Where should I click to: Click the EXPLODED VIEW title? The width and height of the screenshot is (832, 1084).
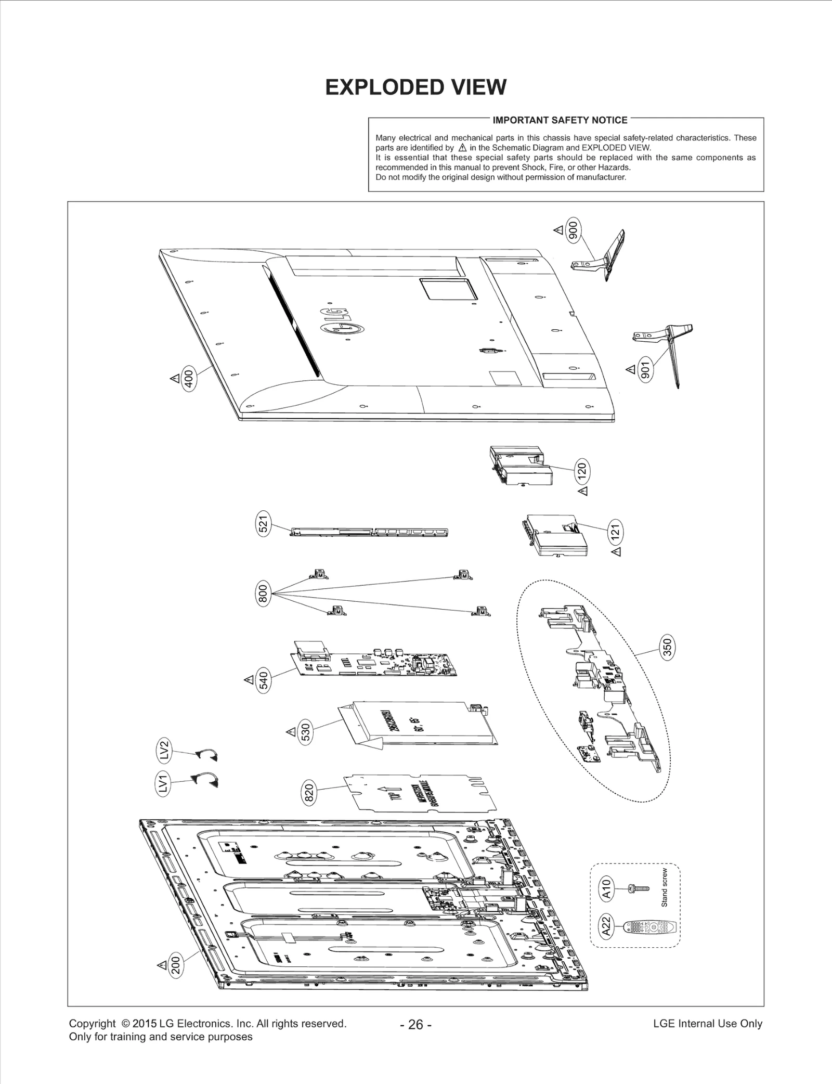tap(415, 87)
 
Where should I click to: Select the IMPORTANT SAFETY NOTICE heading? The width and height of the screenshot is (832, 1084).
tap(560, 120)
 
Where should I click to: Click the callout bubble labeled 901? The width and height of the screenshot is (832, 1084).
tap(645, 370)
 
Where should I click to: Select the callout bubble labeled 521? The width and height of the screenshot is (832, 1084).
tap(263, 524)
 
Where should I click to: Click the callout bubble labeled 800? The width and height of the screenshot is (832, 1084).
tap(263, 593)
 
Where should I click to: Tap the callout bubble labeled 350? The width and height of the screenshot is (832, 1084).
tap(668, 647)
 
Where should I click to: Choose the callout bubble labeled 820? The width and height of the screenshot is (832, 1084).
tap(309, 793)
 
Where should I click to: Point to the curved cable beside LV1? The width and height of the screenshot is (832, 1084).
tap(206, 779)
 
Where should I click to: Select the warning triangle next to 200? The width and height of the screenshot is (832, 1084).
tap(162, 964)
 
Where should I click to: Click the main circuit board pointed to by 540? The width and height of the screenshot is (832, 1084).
tap(374, 663)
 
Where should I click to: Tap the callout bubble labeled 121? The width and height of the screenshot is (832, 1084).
tap(615, 532)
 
